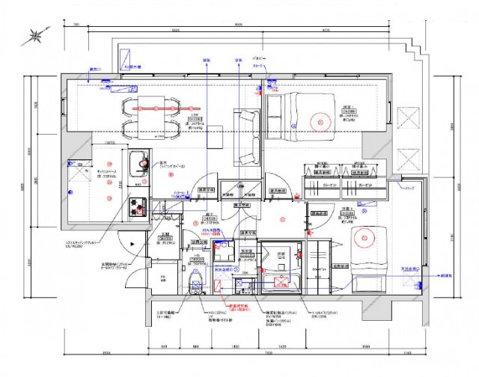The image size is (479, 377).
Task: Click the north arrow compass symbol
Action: tap(36, 35)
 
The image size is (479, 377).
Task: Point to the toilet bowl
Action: tap(197, 283)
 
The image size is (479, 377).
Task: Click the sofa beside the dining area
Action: tap(248, 138)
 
